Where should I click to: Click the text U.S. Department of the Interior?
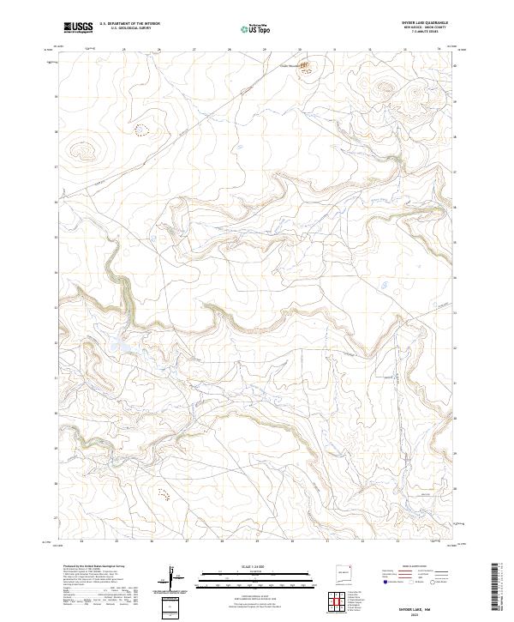point(129,23)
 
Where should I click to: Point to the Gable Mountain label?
point(289,63)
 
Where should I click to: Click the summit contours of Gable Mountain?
point(306,63)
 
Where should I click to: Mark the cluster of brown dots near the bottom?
point(163,493)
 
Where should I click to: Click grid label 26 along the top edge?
point(159,50)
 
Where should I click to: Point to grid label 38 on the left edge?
point(57,132)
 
